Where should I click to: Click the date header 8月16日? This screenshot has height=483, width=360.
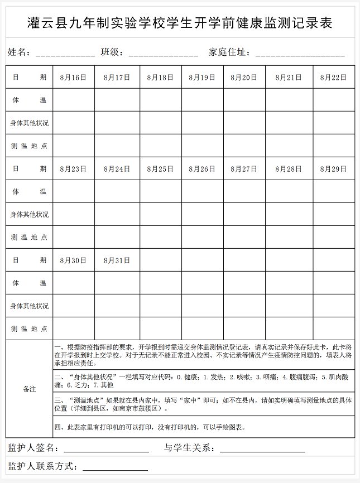tap(73, 78)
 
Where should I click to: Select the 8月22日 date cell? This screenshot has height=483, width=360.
tap(333, 78)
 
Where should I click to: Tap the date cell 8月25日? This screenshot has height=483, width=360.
tap(160, 169)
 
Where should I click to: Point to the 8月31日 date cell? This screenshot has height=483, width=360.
tap(117, 260)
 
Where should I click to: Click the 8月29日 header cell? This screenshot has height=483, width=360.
tap(333, 169)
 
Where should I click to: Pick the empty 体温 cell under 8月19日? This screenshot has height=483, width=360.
tap(202, 100)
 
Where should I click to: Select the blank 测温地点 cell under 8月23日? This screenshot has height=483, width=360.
tap(73, 237)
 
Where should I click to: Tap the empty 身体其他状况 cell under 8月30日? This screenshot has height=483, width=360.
tap(73, 306)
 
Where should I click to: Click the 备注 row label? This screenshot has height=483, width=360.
tap(29, 389)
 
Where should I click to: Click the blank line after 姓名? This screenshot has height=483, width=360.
tap(65, 54)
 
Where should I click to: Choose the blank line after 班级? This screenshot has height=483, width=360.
tap(163, 54)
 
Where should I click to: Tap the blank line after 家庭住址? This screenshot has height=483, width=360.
tap(300, 54)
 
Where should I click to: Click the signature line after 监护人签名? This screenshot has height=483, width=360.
tap(106, 449)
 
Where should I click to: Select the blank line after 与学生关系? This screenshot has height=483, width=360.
tap(262, 449)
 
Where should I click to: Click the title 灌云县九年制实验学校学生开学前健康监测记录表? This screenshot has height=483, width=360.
tap(180, 23)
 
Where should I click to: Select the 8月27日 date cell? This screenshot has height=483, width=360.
tap(244, 169)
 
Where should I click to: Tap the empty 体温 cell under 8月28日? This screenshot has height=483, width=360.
tap(289, 191)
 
